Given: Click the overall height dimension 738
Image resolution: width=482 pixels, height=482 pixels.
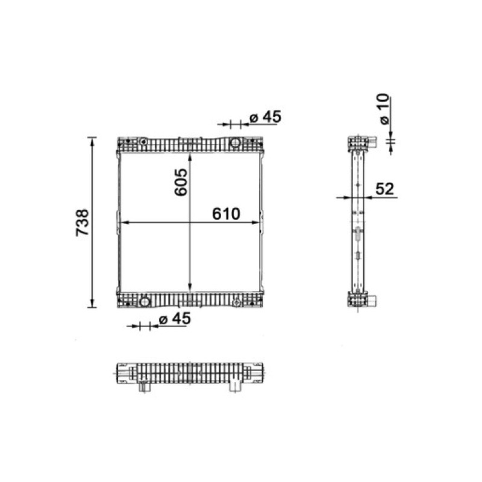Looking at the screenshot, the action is tap(83, 222).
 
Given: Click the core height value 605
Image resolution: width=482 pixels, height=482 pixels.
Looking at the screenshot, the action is tap(181, 182).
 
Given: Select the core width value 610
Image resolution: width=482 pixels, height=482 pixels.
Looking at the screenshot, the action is tap(227, 214).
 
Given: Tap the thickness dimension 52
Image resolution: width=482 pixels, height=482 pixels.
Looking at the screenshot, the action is tap(384, 189).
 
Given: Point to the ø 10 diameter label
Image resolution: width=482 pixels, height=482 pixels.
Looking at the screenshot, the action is tap(384, 109).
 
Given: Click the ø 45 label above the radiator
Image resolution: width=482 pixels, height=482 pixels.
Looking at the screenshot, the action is tap(266, 117).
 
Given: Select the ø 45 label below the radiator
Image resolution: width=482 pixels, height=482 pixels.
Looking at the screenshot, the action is tap(175, 319).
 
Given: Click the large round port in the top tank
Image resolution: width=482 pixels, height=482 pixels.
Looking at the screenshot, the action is tap(235, 143).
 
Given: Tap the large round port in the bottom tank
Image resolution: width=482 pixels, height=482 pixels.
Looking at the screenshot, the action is tap(145, 302).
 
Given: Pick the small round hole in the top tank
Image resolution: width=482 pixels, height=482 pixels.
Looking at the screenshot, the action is tap(143, 142).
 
